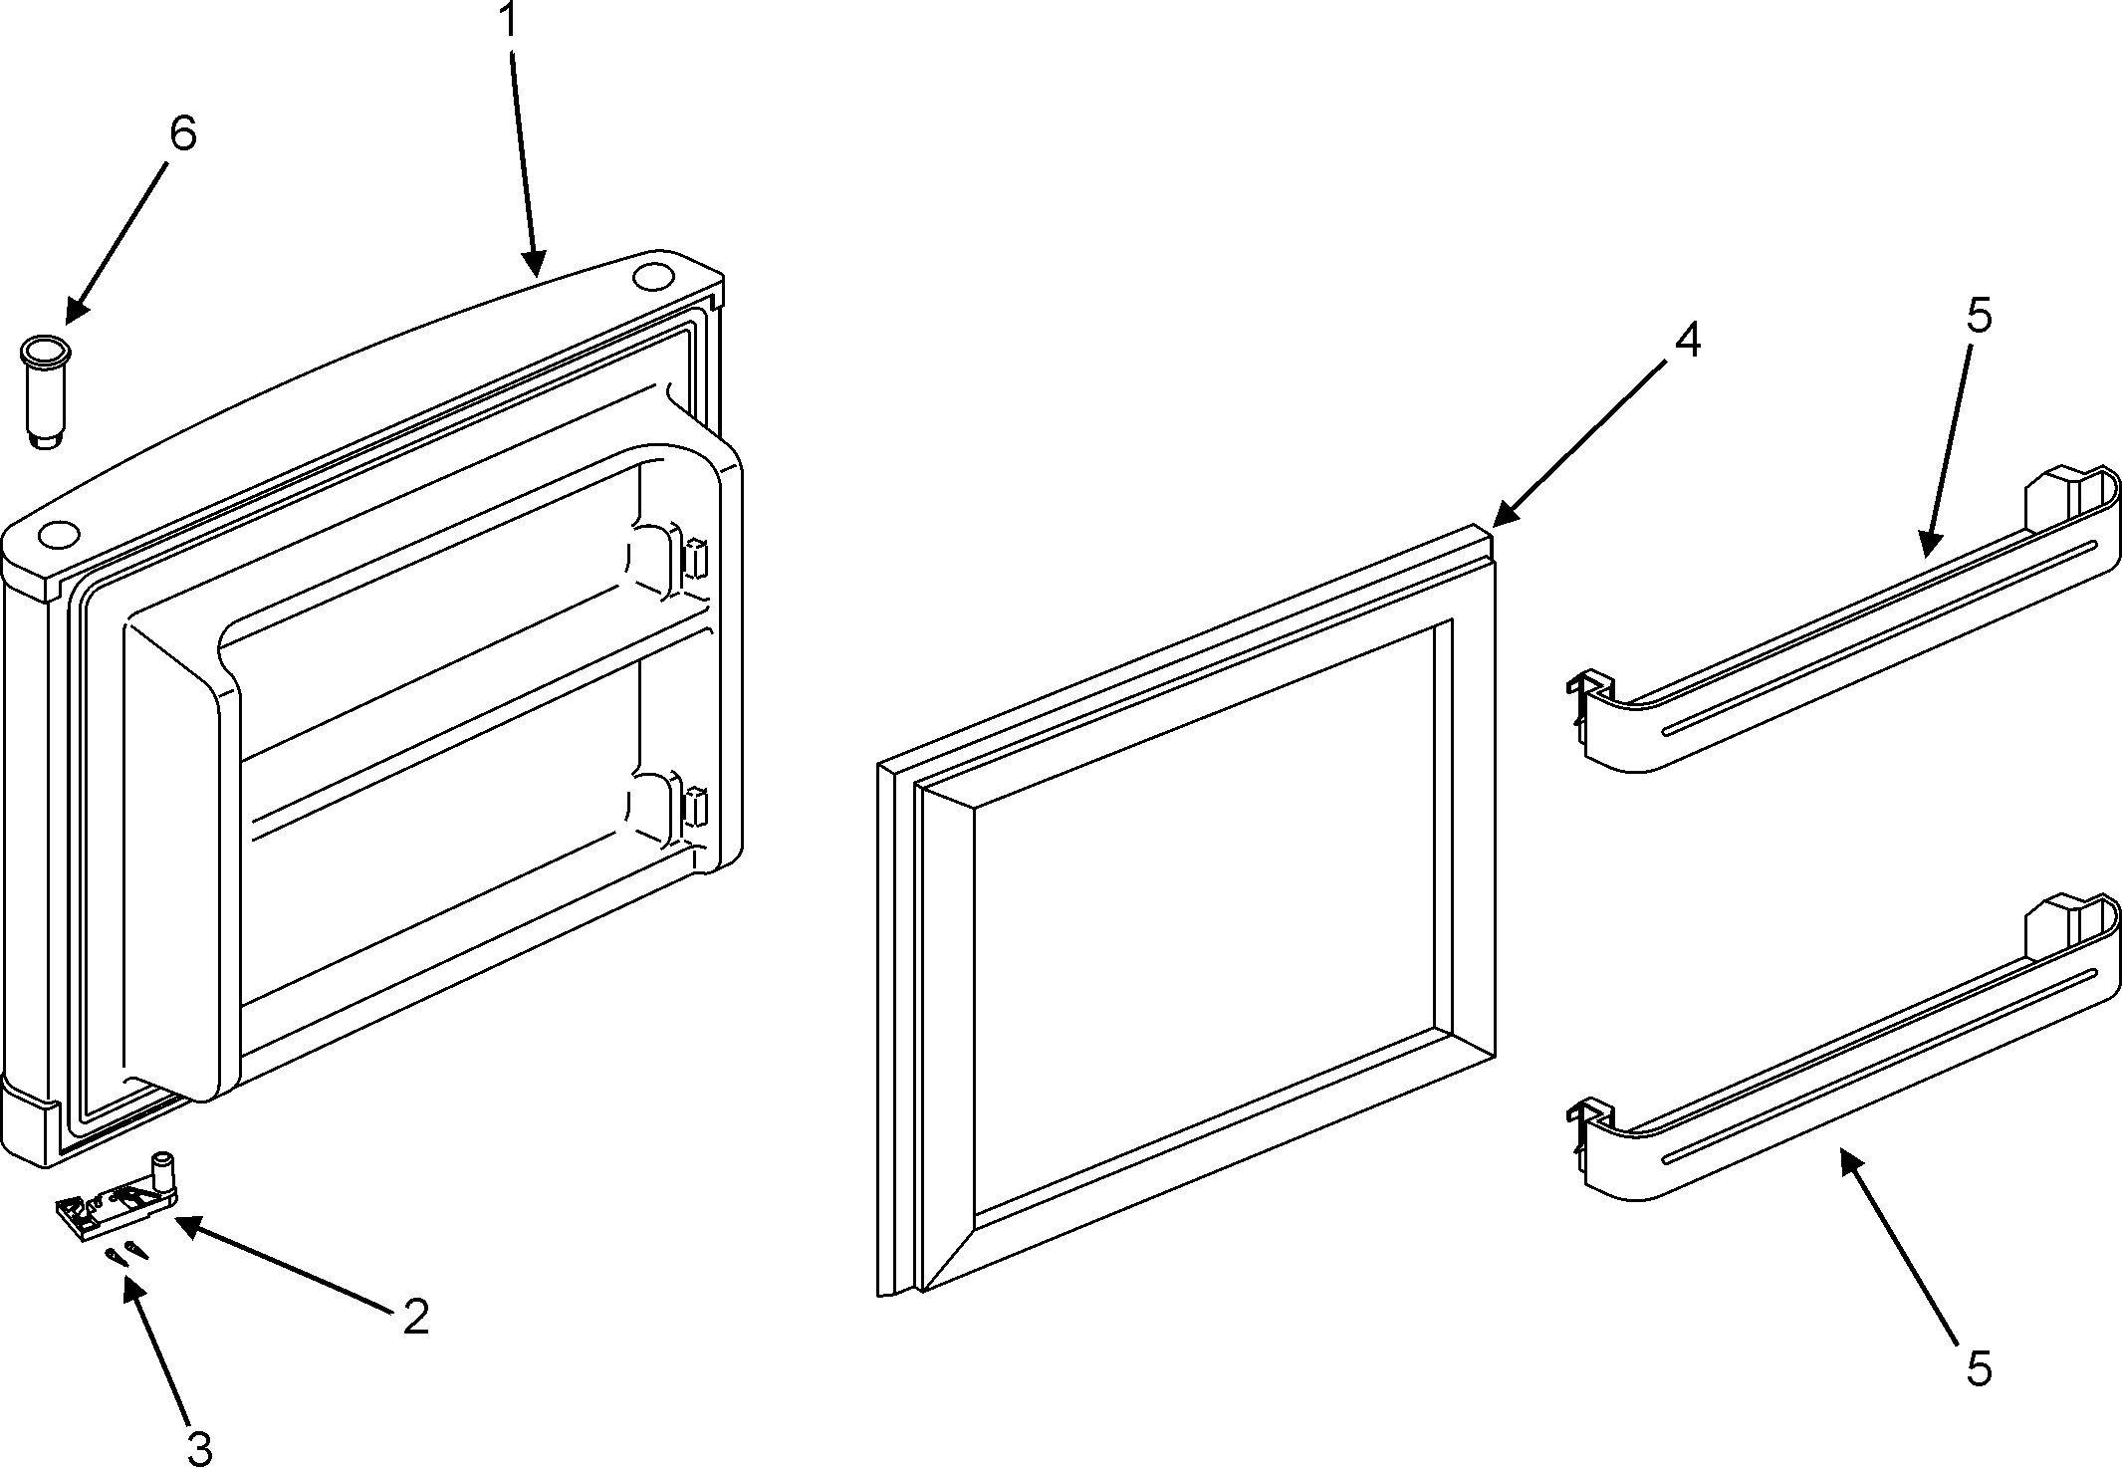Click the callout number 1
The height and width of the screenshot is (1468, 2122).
point(509,21)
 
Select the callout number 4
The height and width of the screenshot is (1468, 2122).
point(1687,341)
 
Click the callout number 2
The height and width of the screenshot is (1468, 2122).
point(416,1317)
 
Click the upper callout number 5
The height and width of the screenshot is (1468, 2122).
point(1979,317)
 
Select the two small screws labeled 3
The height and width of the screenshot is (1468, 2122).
point(126,1253)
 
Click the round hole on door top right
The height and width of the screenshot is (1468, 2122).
point(652,275)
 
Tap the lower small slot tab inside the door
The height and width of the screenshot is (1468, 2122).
point(696,807)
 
